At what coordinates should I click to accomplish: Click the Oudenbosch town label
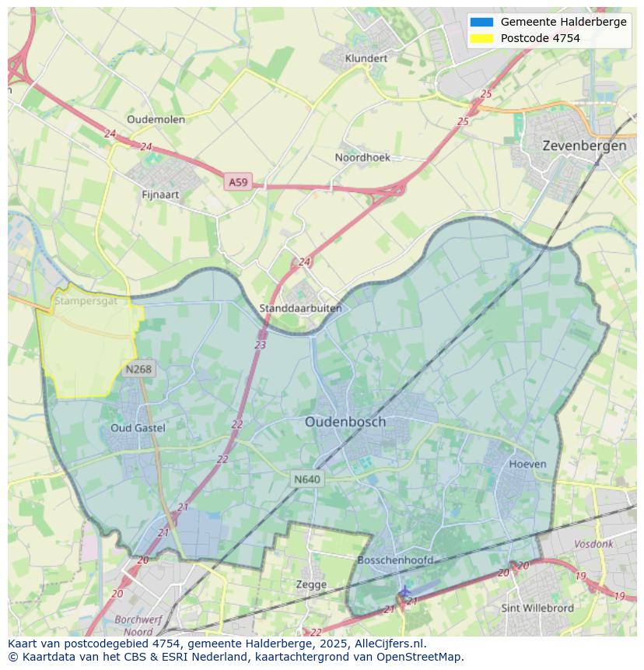coord(345,422)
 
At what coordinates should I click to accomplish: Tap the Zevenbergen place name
coord(584,146)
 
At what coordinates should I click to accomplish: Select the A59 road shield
coord(238,182)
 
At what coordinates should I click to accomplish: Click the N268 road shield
coord(138,369)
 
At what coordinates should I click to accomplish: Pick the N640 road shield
coord(306,479)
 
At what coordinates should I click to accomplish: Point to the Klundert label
coord(366,58)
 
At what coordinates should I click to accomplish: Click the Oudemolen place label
coord(156,119)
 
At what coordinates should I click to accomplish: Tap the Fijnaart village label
coord(160,195)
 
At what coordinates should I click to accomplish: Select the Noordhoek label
coord(362,157)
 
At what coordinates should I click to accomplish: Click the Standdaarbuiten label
coord(300,308)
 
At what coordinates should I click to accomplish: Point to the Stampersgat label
coord(86,300)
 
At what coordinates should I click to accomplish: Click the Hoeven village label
coord(527,464)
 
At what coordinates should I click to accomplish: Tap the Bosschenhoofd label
coord(395,560)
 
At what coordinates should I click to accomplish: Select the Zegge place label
coord(311,584)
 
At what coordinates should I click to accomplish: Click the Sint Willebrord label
coord(537,608)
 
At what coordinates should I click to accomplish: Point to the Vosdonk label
coord(593,544)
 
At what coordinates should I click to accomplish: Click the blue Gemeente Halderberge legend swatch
coord(481,22)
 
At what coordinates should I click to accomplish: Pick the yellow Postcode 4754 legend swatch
coord(481,38)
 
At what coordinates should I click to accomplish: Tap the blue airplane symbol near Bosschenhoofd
coord(404,592)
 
